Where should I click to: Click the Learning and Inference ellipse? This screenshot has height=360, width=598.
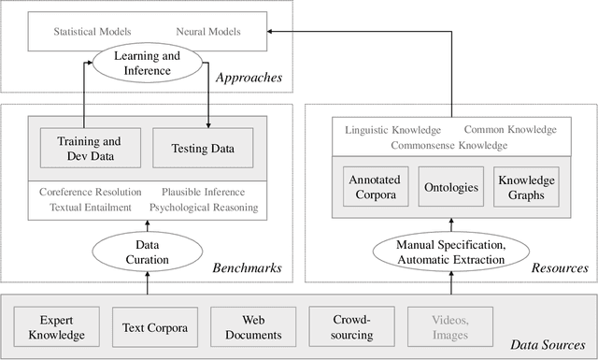146,65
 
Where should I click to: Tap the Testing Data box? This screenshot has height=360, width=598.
202,147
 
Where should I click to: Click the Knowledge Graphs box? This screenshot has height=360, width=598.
526,187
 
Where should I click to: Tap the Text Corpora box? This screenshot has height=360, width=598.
149,327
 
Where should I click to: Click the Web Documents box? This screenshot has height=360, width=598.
247,327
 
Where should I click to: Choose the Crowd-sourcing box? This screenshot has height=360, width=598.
345,327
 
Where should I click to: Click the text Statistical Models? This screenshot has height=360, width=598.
93,32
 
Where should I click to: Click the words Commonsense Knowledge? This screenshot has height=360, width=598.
448,145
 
